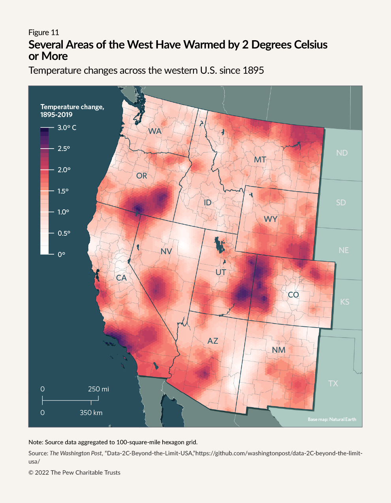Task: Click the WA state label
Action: tap(155, 131)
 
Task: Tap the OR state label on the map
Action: tap(141, 176)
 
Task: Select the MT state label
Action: tap(260, 160)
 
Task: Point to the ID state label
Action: tap(207, 203)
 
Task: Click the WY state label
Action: tap(271, 219)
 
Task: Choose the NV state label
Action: tap(166, 251)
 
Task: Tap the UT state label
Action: tap(221, 272)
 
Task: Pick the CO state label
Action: tap(293, 295)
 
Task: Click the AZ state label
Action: tap(212, 341)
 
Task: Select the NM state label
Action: tap(278, 350)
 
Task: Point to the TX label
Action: tap(333, 384)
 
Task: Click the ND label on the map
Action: tap(342, 153)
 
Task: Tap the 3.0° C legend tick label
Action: tap(67, 128)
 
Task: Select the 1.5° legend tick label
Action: tap(63, 191)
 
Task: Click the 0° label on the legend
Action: tap(61, 255)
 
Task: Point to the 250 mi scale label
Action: tap(98, 389)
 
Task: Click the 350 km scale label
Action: tap(91, 413)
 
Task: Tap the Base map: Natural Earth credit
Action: tap(332, 419)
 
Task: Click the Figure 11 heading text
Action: tap(44, 32)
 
